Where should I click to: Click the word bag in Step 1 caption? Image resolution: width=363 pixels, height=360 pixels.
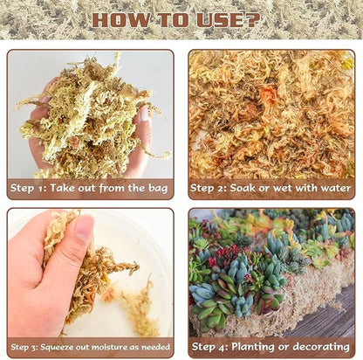(x=158, y=189)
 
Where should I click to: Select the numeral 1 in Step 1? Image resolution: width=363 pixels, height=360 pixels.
(x=39, y=189)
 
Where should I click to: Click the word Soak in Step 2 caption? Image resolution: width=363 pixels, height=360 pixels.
(x=243, y=188)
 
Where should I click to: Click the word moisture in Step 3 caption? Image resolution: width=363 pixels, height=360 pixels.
(x=113, y=347)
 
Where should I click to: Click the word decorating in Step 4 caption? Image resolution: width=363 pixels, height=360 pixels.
(x=321, y=347)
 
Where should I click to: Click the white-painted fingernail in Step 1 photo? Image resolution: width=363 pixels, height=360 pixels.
(x=144, y=114)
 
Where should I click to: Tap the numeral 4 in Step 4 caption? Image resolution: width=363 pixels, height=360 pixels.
(x=223, y=347)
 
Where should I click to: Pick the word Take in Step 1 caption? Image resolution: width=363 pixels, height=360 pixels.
(x=60, y=188)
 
